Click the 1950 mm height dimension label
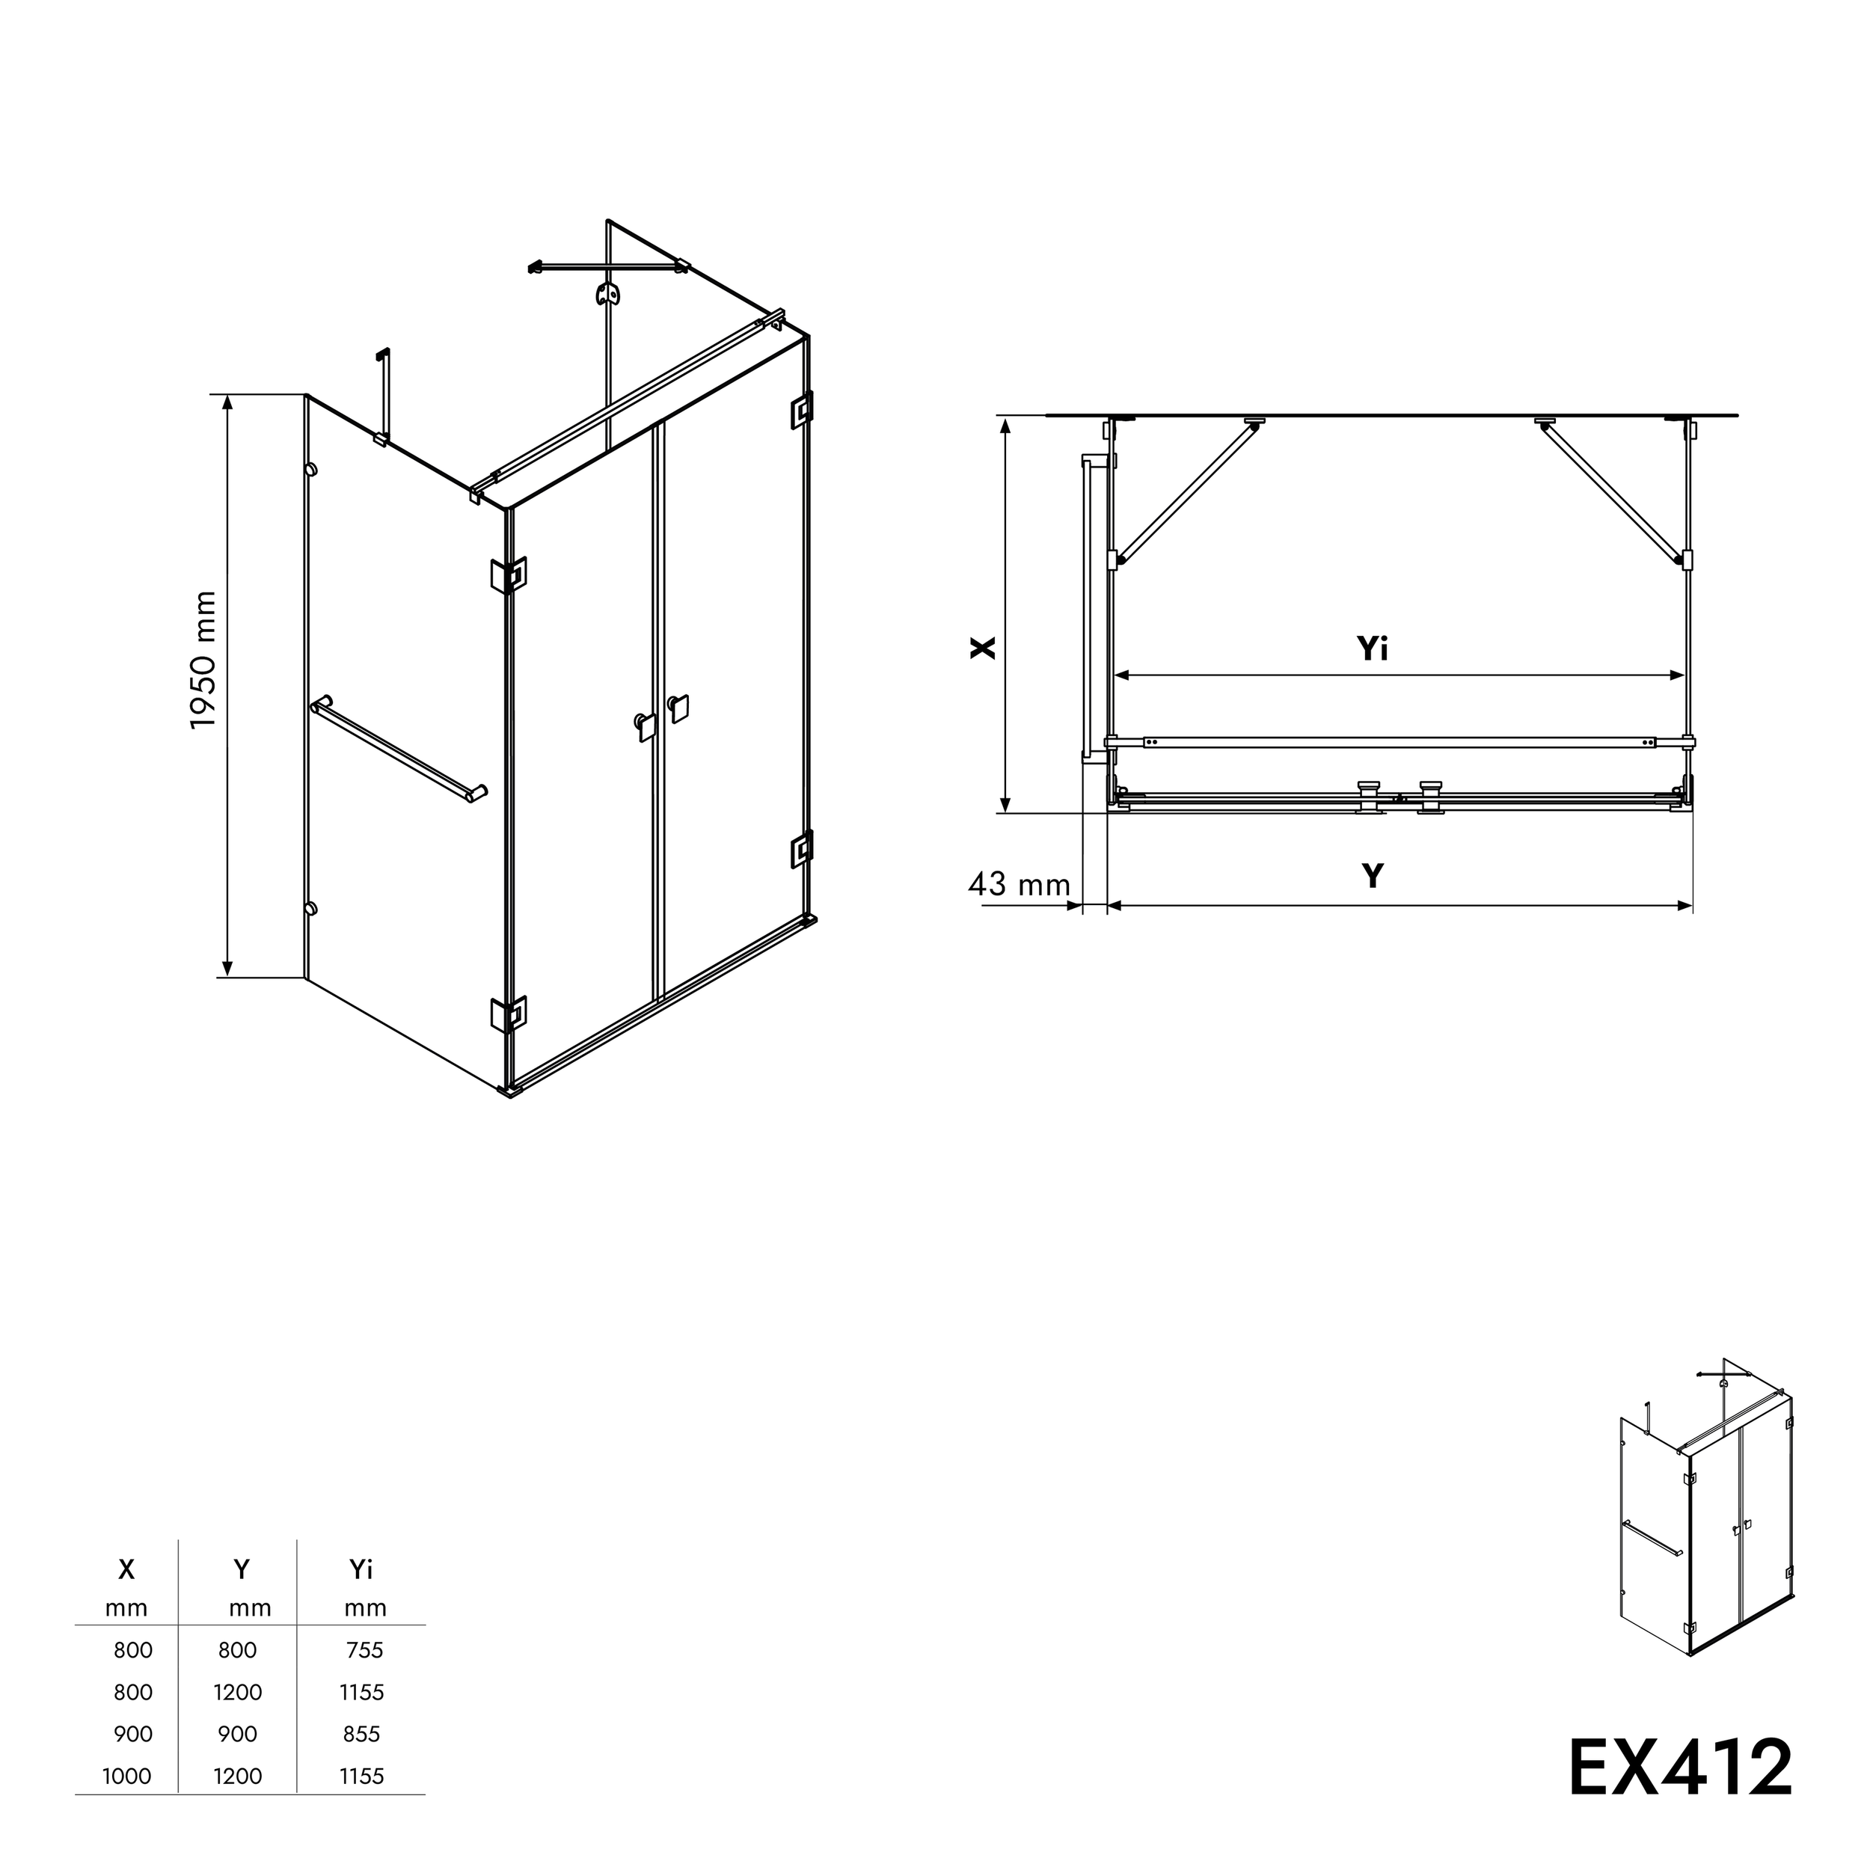pyautogui.click(x=203, y=660)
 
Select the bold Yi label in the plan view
pyautogui.click(x=1372, y=649)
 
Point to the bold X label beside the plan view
pyautogui.click(x=982, y=648)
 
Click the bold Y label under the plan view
pyautogui.click(x=1372, y=876)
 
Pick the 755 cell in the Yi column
pyautogui.click(x=364, y=1650)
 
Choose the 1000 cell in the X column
pyautogui.click(x=127, y=1776)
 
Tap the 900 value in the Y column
pyautogui.click(x=237, y=1734)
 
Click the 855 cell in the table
pyautogui.click(x=361, y=1734)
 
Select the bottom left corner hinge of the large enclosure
pyautogui.click(x=508, y=1014)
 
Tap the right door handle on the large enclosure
pyautogui.click(x=678, y=708)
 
